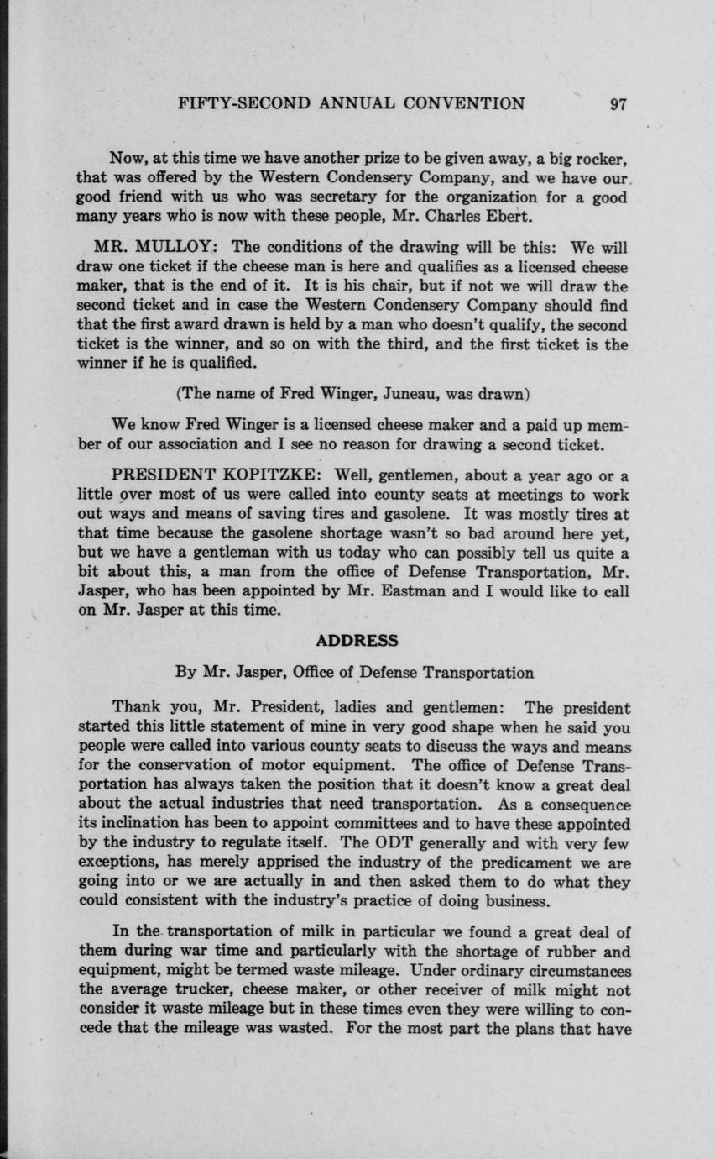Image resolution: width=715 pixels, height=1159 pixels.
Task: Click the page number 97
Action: point(619,104)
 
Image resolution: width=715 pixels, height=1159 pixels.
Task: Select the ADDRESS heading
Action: point(357,641)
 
